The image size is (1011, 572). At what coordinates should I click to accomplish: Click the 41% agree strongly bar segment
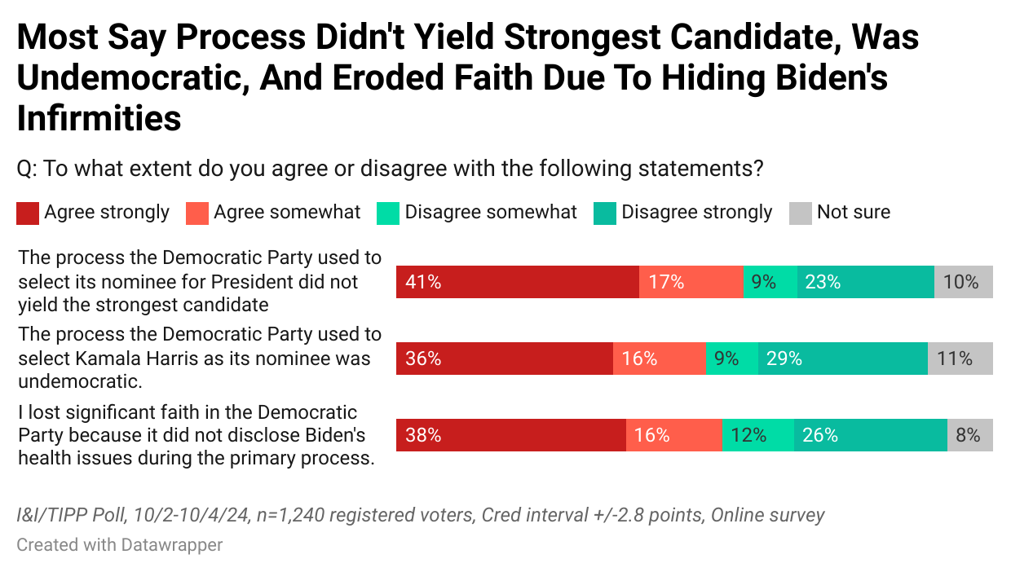[x=517, y=282]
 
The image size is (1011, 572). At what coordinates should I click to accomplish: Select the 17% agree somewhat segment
[x=691, y=282]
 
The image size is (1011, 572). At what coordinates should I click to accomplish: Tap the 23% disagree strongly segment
[x=865, y=282]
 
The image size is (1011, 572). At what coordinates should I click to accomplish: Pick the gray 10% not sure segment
[x=963, y=282]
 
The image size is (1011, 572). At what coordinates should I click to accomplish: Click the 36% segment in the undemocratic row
[x=504, y=359]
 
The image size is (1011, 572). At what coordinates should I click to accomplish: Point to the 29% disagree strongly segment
[x=842, y=359]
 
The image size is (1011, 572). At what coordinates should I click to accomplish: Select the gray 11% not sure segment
[x=960, y=359]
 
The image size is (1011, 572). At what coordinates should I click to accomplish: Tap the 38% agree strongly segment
[x=510, y=435]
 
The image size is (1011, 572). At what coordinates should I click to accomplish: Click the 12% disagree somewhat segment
[x=757, y=435]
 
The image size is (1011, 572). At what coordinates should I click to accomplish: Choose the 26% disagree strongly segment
[x=870, y=435]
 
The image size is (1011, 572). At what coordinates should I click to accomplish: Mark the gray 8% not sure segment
[x=969, y=435]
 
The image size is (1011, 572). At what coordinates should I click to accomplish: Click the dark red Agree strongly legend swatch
[x=28, y=213]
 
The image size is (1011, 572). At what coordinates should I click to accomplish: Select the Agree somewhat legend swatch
[x=197, y=213]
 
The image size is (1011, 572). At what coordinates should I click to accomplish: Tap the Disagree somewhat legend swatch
[x=388, y=213]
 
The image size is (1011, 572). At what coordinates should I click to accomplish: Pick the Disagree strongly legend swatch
[x=605, y=213]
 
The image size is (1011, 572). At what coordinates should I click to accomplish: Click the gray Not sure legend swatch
[x=801, y=213]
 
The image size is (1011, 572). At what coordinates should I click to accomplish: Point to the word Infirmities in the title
[x=99, y=119]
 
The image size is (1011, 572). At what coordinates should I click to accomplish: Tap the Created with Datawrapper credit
[x=119, y=544]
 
